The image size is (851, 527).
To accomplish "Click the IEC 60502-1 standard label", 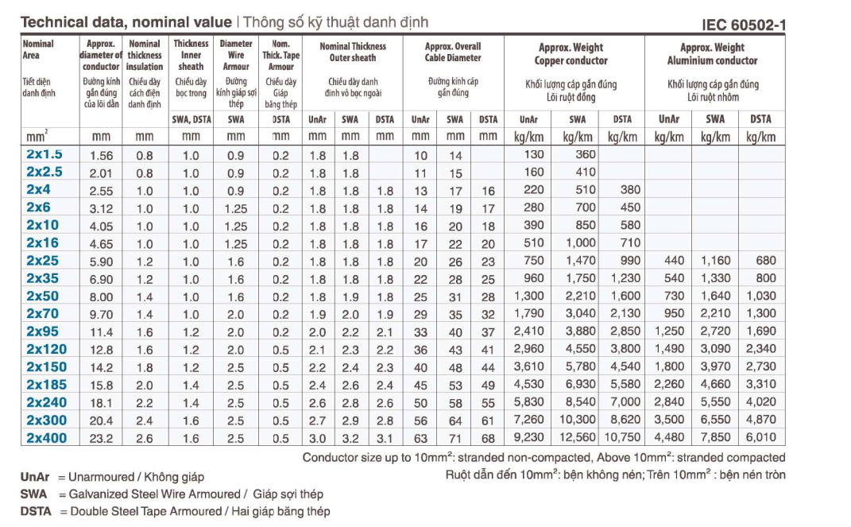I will tap(744, 25).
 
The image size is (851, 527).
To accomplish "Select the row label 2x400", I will tap(47, 438).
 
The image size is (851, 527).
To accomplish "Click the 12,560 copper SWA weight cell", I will tap(577, 438).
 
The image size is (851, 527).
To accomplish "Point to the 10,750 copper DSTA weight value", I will tap(622, 438).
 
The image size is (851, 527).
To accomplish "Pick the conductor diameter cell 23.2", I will tap(101, 438).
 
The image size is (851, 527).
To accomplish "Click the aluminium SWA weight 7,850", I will tap(715, 438).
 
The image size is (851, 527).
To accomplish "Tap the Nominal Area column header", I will tap(38, 49).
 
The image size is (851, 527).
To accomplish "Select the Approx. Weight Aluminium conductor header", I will tap(713, 54).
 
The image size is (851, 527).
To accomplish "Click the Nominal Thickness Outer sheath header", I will tap(352, 52).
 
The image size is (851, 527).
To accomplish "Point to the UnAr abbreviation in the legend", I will tap(35, 477).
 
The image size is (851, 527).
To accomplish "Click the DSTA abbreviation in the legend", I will tap(37, 511).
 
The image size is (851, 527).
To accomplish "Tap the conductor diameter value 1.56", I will tap(102, 155).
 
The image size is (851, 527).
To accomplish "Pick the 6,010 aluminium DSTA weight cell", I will tap(760, 438).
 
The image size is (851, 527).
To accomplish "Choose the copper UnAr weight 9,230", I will tap(529, 438).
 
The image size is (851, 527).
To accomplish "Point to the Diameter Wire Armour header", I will tap(236, 56).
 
